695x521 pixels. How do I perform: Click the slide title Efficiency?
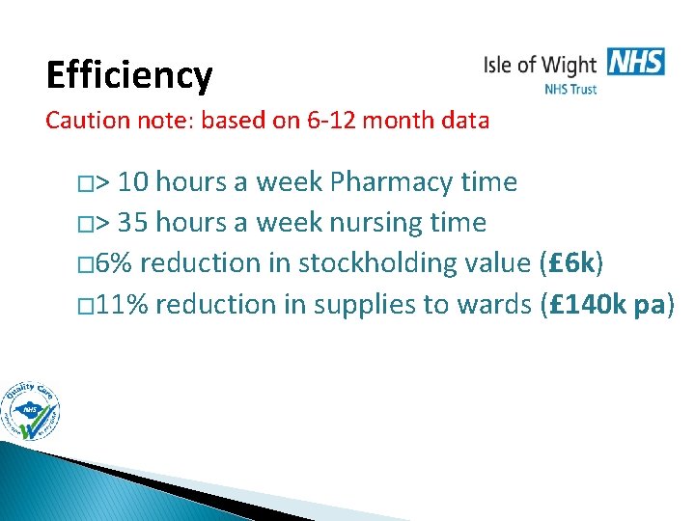(x=129, y=74)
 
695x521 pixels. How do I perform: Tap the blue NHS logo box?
(x=635, y=62)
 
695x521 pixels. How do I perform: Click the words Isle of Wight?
(x=541, y=66)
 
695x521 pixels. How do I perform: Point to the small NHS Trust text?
(x=570, y=90)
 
